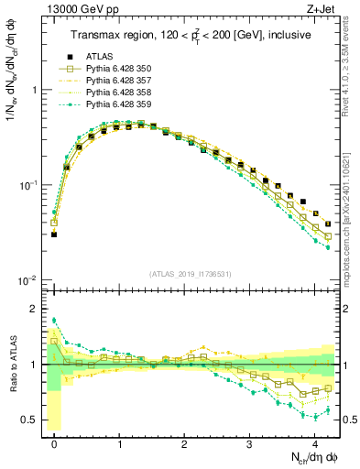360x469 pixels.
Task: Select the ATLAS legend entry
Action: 100,58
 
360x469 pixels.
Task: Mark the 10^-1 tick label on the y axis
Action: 28,185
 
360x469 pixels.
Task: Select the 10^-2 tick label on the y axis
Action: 28,279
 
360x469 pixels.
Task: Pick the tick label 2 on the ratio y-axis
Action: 35,309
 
